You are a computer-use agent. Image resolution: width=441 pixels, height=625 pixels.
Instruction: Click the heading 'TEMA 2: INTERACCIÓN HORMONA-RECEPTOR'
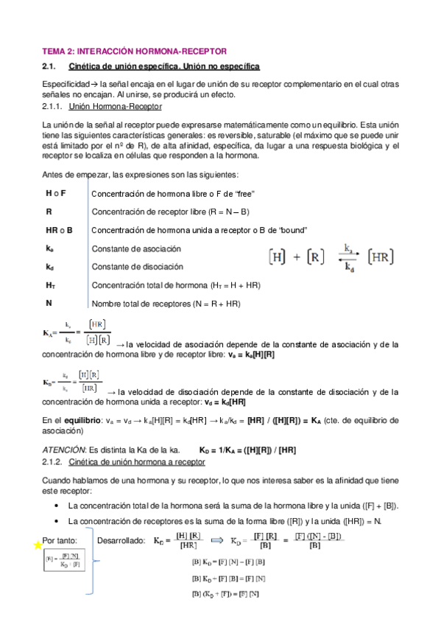(x=133, y=51)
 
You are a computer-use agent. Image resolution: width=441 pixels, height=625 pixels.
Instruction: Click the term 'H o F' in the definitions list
(x=55, y=193)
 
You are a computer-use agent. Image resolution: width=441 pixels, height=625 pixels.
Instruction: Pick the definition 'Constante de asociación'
(x=137, y=248)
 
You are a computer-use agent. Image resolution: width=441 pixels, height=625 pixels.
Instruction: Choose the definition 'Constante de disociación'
(x=137, y=267)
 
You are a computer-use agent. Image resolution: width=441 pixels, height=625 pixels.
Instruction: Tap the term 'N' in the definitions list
(x=49, y=303)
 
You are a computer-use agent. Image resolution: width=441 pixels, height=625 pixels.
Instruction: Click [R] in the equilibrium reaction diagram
(x=315, y=258)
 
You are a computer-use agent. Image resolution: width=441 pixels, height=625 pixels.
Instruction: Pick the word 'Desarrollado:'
(x=121, y=540)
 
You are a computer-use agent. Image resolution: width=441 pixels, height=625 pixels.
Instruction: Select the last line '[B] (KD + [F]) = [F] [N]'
(x=225, y=594)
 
